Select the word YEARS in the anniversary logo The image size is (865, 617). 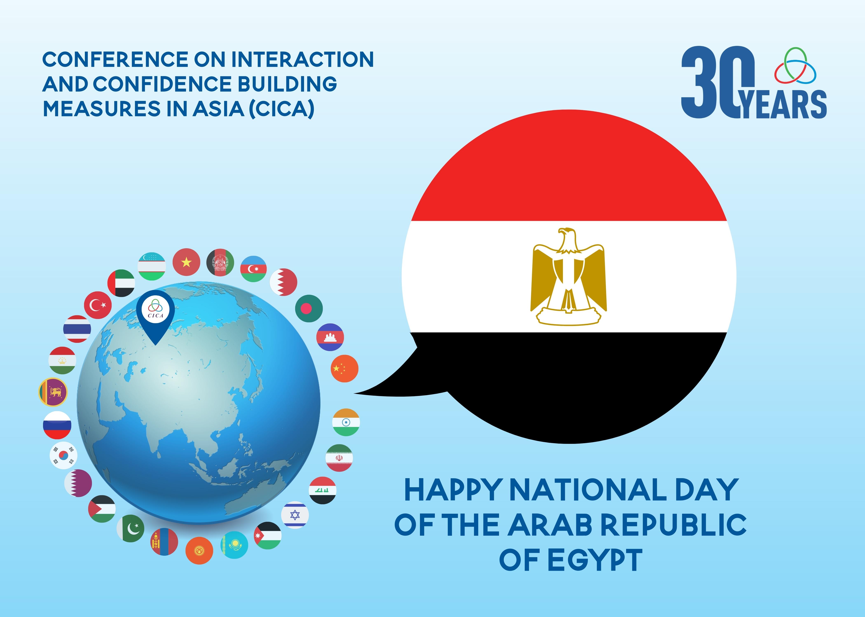784,104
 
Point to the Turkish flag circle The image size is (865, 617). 98,305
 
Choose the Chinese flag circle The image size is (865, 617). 344,369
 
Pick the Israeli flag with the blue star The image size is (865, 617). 295,515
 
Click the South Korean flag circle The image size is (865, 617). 63,455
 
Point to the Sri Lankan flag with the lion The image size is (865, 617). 53,392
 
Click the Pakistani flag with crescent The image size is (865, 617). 131,528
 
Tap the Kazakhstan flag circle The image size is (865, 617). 234,545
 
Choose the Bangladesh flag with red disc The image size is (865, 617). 309,308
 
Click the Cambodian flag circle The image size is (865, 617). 330,337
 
